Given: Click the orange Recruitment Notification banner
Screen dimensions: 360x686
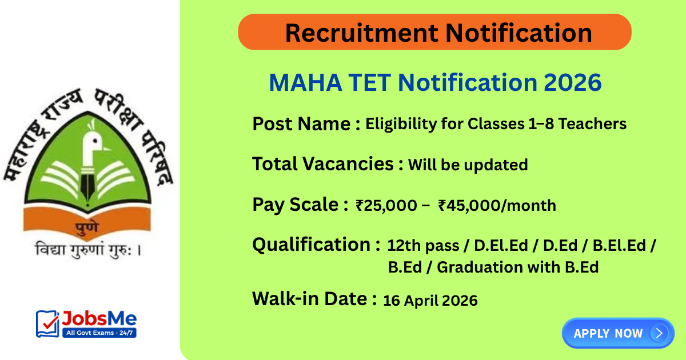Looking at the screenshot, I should pos(434,32).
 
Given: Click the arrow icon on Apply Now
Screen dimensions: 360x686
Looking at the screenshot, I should pos(659,333).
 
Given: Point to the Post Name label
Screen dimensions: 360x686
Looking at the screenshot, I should pos(301,123).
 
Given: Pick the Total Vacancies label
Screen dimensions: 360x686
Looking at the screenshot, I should pos(323,165).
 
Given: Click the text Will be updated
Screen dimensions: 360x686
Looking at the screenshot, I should pos(467,165).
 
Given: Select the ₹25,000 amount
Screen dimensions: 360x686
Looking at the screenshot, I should pos(386,206).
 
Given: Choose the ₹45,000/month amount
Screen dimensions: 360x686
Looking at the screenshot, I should pos(496,206).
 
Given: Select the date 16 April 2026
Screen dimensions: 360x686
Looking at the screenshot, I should pos(430,300).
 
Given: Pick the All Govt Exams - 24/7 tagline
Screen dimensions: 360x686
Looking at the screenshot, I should pos(98,332).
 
